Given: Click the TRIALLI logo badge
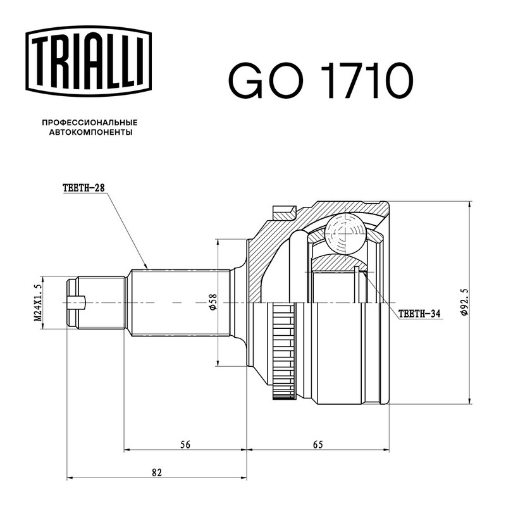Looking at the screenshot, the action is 89,61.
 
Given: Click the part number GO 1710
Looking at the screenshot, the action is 321,80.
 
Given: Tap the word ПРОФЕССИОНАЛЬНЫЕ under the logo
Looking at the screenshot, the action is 90,123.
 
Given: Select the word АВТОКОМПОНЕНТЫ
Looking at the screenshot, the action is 90,132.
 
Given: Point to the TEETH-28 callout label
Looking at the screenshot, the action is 84,188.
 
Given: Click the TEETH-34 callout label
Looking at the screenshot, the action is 419,314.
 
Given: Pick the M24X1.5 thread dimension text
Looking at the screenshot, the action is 38,303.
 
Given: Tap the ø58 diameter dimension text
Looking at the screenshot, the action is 213,302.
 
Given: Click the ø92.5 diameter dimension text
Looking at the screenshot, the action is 464,302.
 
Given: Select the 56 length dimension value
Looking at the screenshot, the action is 185,445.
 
